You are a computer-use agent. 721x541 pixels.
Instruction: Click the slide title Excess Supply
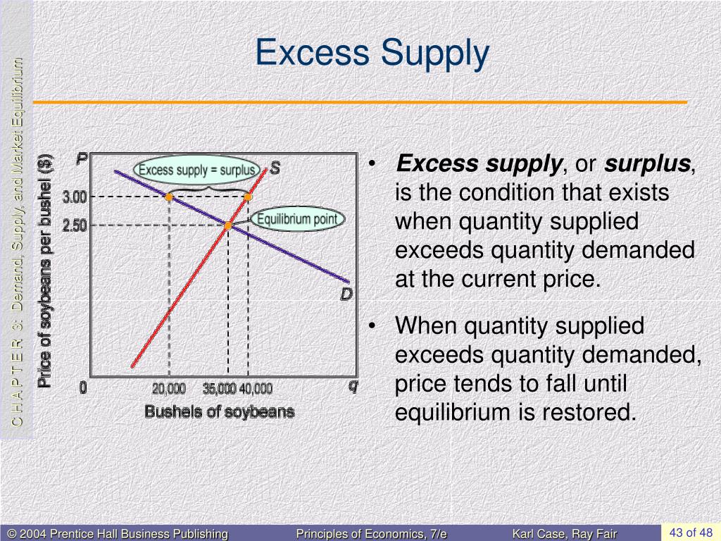pyautogui.click(x=371, y=54)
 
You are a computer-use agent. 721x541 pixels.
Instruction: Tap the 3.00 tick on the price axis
pyautogui.click(x=75, y=197)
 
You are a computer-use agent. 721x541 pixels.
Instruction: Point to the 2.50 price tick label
pyautogui.click(x=75, y=225)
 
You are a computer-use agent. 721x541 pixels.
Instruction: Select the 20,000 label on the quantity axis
pyautogui.click(x=169, y=388)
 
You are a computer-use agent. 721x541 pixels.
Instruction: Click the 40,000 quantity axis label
pyautogui.click(x=256, y=388)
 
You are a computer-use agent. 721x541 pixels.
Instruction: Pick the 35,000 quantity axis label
pyautogui.click(x=220, y=388)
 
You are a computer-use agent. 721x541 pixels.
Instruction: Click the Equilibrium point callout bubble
pyautogui.click(x=297, y=219)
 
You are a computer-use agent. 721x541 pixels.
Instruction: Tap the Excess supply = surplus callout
pyautogui.click(x=197, y=170)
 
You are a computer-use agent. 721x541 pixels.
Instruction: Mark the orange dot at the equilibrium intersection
pyautogui.click(x=228, y=225)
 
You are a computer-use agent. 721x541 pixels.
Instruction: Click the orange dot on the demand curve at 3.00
pyautogui.click(x=169, y=197)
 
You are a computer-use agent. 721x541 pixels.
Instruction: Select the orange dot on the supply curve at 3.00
pyautogui.click(x=248, y=197)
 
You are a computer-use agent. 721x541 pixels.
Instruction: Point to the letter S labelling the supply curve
pyautogui.click(x=275, y=168)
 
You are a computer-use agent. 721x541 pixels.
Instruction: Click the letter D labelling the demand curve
pyautogui.click(x=346, y=294)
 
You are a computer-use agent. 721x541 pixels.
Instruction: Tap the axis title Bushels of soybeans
pyautogui.click(x=219, y=411)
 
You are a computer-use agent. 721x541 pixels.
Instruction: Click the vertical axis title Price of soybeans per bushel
pyautogui.click(x=46, y=270)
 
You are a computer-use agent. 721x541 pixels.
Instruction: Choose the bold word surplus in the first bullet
pyautogui.click(x=647, y=164)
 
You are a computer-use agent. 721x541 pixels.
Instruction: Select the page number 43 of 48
pyautogui.click(x=691, y=532)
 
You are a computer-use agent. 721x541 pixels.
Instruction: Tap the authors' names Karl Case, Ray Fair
pyautogui.click(x=564, y=534)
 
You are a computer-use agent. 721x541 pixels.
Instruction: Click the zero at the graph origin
pyautogui.click(x=83, y=387)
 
